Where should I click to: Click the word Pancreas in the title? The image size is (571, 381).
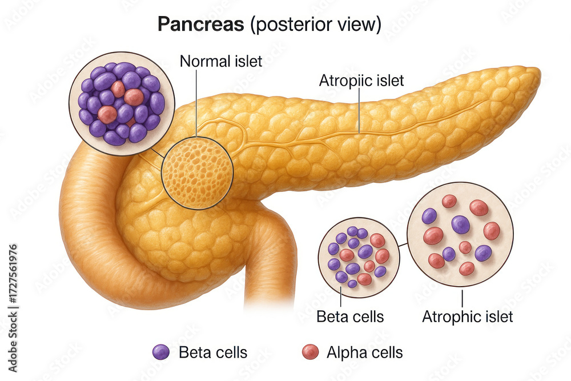click(200, 25)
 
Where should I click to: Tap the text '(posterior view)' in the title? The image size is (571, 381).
click(316, 25)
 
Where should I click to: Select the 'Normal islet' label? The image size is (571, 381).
click(220, 61)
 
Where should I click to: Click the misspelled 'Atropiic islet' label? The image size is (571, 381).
click(361, 81)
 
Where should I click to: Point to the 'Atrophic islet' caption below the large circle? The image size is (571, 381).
click(467, 316)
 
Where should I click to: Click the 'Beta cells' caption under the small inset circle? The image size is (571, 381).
click(350, 316)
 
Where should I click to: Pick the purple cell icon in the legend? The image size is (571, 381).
click(160, 352)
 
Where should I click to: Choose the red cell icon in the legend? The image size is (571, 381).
click(310, 352)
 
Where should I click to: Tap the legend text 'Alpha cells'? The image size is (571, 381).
click(364, 352)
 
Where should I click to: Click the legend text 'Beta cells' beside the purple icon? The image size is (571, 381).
click(213, 352)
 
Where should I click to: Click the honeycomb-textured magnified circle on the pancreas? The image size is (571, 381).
click(197, 173)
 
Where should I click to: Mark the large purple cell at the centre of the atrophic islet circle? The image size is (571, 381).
click(460, 224)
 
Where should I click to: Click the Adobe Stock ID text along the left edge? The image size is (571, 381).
click(13, 308)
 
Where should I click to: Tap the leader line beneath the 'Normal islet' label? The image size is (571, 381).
click(196, 103)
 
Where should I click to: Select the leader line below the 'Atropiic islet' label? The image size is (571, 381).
click(359, 111)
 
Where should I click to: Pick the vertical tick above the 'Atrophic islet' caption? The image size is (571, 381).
click(462, 298)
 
